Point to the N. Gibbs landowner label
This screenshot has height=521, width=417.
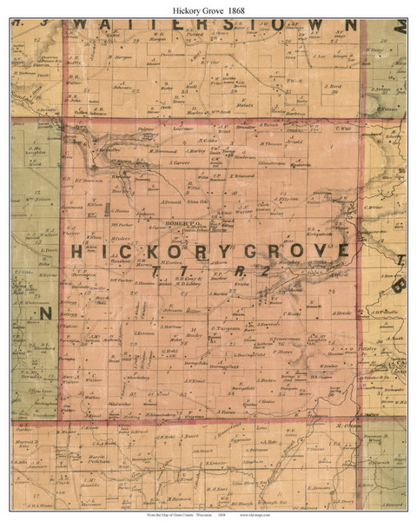pos(206,142)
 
